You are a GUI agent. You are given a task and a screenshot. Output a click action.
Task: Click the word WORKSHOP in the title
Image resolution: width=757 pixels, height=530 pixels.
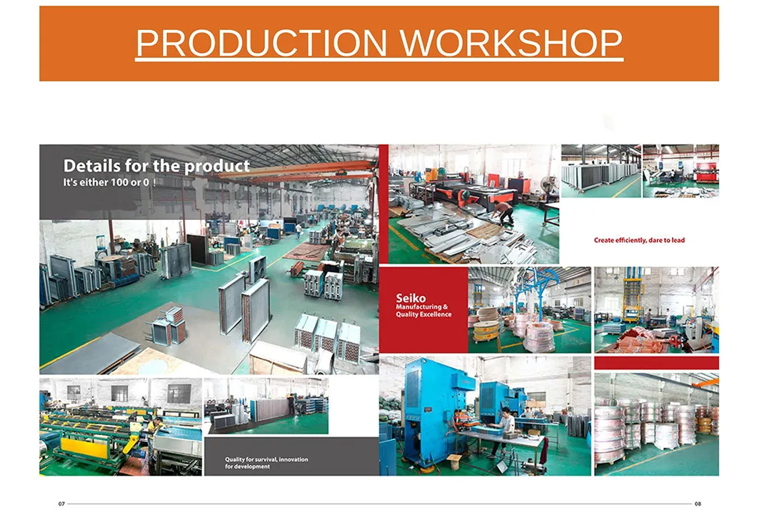click(x=511, y=44)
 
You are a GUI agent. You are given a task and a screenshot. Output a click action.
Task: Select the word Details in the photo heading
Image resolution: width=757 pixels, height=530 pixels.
click(x=91, y=166)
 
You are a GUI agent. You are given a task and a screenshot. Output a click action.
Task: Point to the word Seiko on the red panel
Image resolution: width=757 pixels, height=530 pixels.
click(x=411, y=298)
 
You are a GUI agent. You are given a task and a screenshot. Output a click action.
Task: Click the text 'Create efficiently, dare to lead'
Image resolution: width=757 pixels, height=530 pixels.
click(x=639, y=240)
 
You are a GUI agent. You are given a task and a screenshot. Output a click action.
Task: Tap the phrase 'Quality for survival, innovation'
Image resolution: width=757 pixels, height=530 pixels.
click(x=266, y=459)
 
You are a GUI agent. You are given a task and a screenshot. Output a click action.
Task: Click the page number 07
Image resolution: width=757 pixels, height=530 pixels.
click(x=61, y=504)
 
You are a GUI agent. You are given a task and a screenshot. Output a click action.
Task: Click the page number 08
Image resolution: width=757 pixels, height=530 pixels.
click(x=698, y=504)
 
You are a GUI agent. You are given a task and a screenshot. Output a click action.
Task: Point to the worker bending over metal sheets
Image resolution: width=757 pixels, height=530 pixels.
click(x=505, y=212)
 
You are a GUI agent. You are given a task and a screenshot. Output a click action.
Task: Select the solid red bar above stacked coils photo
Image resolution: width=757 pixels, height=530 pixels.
click(x=656, y=363)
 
